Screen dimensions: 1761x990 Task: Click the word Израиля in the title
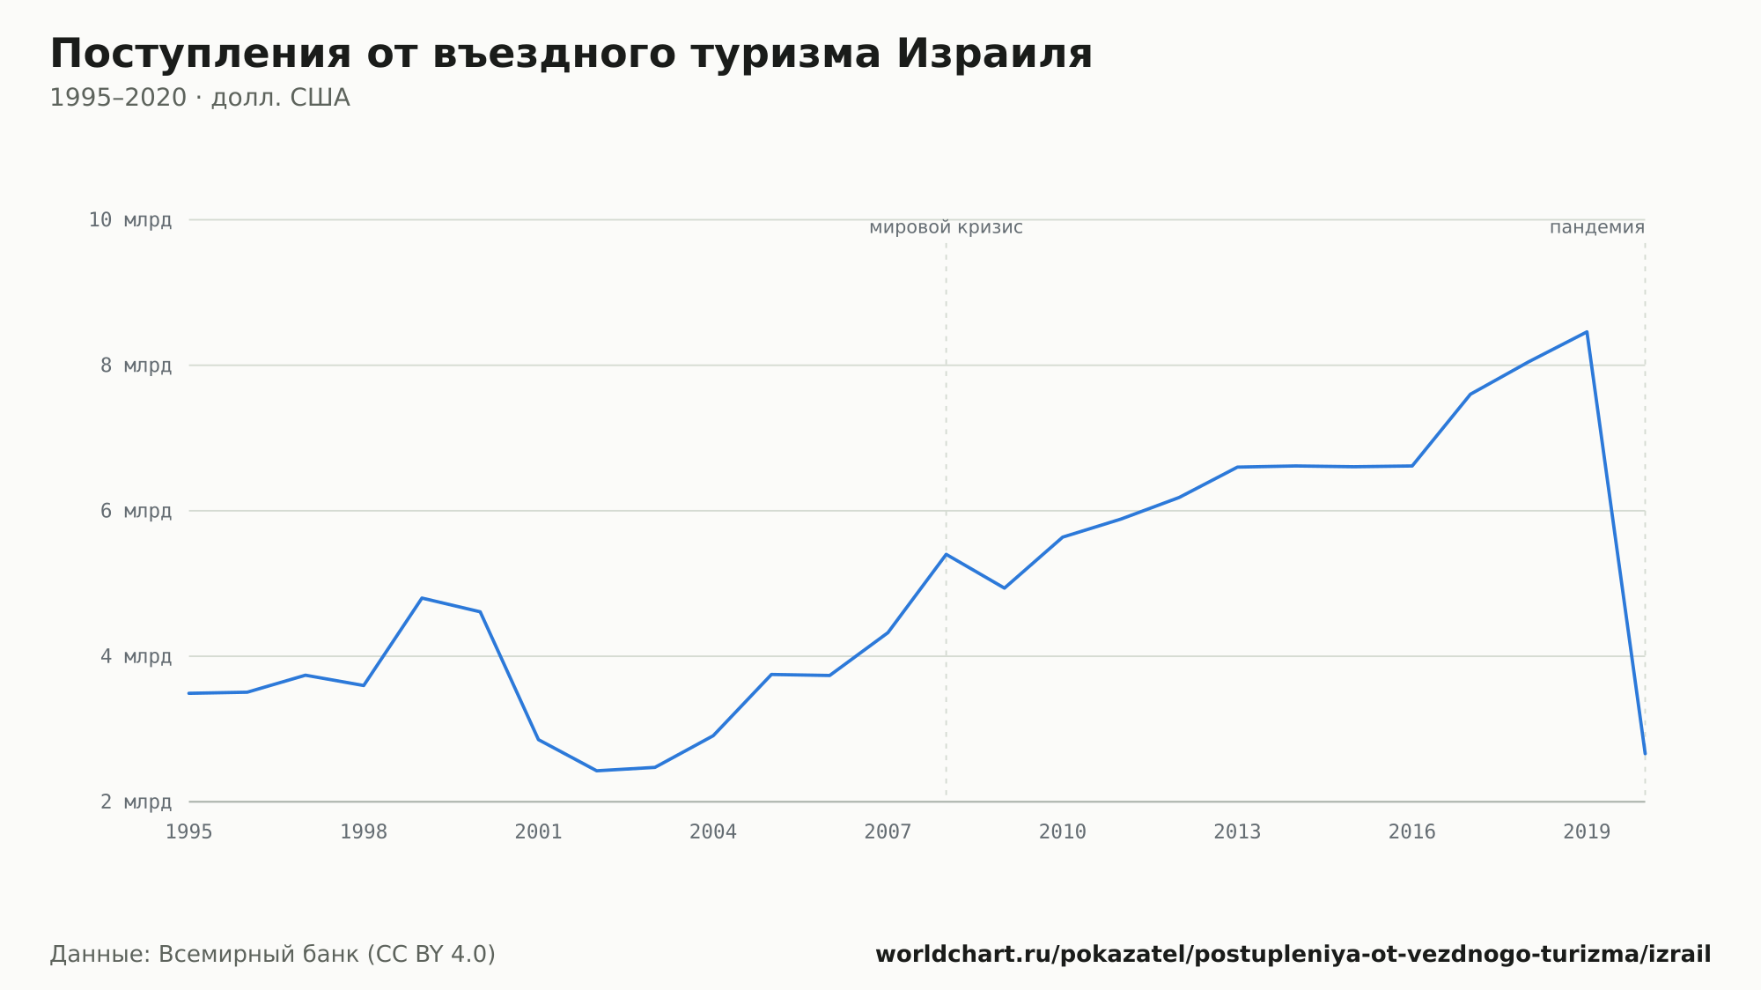[x=994, y=54]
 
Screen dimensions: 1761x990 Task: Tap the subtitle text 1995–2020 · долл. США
[x=200, y=98]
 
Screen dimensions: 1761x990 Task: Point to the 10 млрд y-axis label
[x=130, y=219]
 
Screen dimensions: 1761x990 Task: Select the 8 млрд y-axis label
[x=136, y=366]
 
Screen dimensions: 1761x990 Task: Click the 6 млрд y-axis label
[x=136, y=511]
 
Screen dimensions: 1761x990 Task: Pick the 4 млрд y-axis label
[x=136, y=656]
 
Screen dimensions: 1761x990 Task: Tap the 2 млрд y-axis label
[x=136, y=802]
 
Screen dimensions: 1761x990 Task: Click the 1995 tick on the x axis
[x=189, y=832]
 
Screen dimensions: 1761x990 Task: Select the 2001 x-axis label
[x=539, y=832]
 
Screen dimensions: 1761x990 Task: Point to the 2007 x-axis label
[x=888, y=832]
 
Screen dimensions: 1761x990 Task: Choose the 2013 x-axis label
[x=1237, y=832]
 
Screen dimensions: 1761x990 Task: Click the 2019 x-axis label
[x=1587, y=832]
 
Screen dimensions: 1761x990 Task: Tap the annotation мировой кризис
[x=946, y=227]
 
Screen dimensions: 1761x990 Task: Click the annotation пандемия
[x=1597, y=227]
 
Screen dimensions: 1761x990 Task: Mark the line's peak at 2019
[x=1587, y=332]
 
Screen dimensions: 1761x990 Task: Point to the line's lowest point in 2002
[x=597, y=771]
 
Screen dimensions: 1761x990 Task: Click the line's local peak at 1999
[x=423, y=598]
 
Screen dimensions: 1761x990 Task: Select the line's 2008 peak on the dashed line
[x=946, y=554]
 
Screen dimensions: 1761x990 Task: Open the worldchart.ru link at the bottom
[x=1293, y=954]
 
